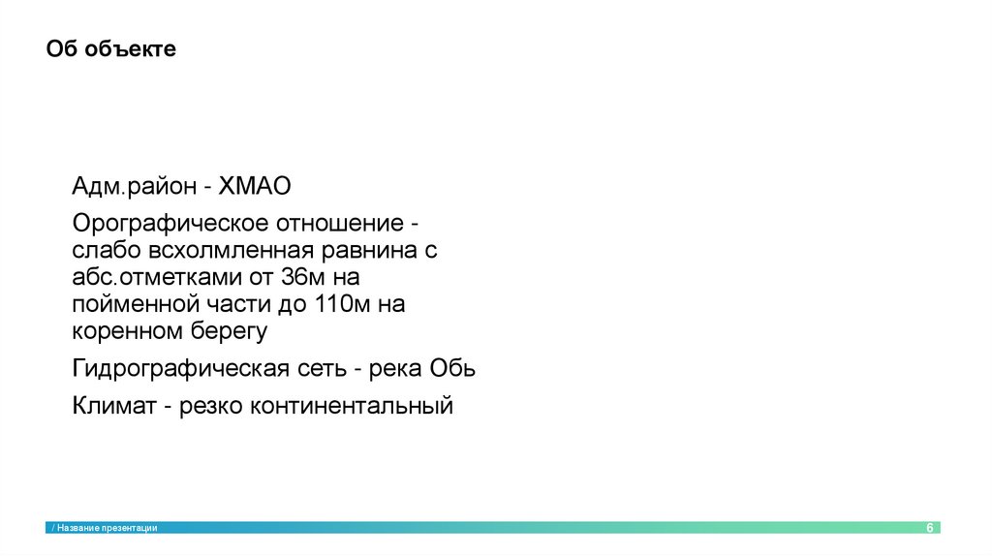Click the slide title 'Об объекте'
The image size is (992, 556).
[111, 49]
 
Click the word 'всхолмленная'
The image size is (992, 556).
[228, 251]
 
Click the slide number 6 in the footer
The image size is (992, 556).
[930, 528]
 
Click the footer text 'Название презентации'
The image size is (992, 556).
[108, 528]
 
